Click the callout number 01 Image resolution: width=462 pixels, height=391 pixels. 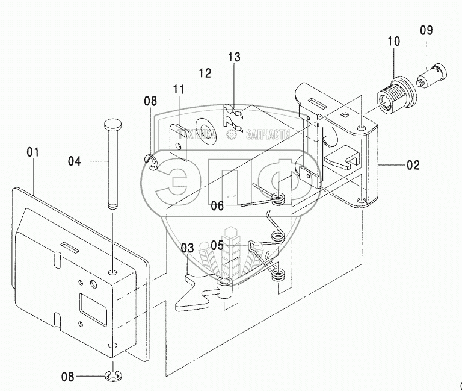33,152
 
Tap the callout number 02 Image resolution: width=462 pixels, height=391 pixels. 413,164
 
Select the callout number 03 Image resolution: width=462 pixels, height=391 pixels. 188,247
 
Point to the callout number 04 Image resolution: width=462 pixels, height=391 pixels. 74,161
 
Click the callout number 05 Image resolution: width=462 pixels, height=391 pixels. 217,245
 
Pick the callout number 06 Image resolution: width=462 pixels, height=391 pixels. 217,205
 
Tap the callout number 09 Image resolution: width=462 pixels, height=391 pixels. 426,30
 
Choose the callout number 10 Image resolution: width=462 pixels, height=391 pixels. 393,42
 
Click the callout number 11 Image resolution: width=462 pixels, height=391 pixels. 179,90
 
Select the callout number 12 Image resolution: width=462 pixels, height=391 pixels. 205,74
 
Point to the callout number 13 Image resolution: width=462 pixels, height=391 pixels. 234,57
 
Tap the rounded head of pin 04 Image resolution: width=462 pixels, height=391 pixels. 113,125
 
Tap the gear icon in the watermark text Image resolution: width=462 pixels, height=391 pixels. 231,136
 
